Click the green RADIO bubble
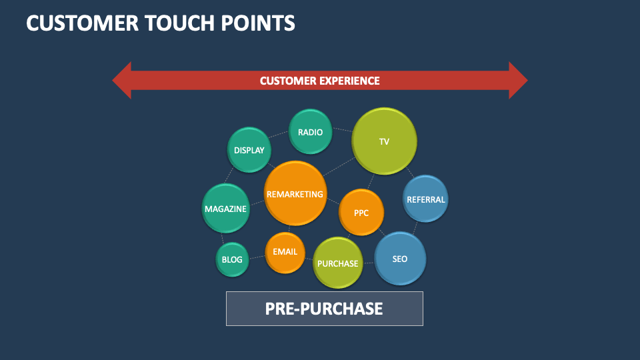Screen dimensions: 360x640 tap(310, 132)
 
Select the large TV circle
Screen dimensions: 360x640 tap(384, 141)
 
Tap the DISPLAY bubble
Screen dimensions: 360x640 tap(249, 151)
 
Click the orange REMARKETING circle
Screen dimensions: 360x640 tap(295, 194)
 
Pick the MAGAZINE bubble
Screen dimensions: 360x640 tap(225, 209)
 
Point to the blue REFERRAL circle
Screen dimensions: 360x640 tap(425, 199)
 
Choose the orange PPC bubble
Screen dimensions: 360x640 tap(361, 213)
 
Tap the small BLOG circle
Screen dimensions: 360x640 tap(232, 259)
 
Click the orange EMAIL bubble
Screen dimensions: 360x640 tap(285, 253)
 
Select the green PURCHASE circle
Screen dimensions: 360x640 tap(338, 263)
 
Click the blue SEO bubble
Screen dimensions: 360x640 tap(400, 259)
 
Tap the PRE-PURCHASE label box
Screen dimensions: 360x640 tap(324, 309)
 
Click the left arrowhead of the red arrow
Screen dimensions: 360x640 tap(123, 81)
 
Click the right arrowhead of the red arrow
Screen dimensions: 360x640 tap(517, 81)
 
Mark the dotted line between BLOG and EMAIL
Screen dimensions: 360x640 tap(257, 257)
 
